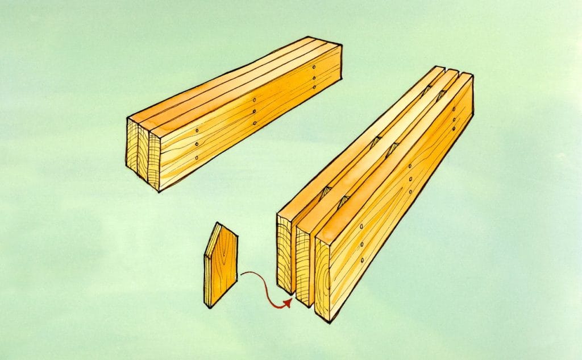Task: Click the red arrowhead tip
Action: [290, 300]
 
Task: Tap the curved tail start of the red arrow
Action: [242, 275]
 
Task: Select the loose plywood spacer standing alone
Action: [221, 266]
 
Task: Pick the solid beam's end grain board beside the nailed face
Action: [153, 159]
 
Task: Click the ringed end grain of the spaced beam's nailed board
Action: [322, 282]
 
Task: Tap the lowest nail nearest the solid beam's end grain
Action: [197, 158]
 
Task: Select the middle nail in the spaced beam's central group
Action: [410, 179]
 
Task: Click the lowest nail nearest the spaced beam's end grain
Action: [362, 260]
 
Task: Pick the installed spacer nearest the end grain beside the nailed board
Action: [343, 201]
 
